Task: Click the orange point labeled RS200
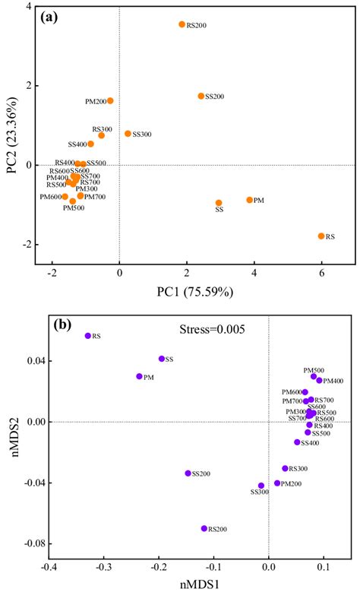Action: click(182, 24)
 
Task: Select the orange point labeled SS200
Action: click(201, 96)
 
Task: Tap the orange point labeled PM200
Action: click(110, 100)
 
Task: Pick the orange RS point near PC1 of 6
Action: click(321, 236)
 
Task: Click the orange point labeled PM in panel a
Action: click(249, 200)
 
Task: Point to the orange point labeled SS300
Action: click(128, 134)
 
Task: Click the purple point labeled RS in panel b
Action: click(87, 336)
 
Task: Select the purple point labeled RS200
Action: click(204, 528)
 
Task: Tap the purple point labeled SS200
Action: click(188, 473)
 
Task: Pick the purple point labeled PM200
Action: click(277, 483)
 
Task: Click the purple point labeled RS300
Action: click(285, 469)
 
